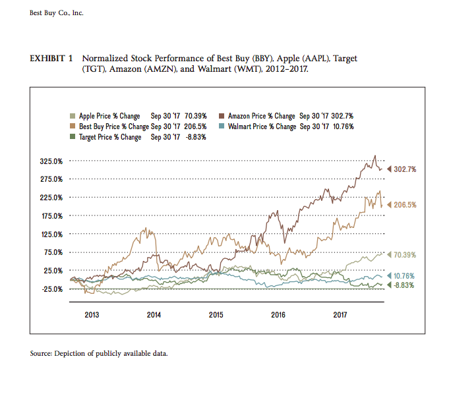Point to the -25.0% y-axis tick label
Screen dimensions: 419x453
pyautogui.click(x=53, y=289)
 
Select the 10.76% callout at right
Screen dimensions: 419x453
pyautogui.click(x=406, y=275)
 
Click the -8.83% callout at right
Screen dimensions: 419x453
pyautogui.click(x=406, y=285)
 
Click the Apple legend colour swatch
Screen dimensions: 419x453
pyautogui.click(x=73, y=116)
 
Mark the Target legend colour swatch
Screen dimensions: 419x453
pyautogui.click(x=73, y=137)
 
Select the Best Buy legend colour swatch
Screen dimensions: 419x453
pyautogui.click(x=73, y=126)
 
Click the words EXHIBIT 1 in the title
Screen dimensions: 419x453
pyautogui.click(x=51, y=59)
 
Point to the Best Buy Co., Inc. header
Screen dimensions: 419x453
pyautogui.click(x=57, y=14)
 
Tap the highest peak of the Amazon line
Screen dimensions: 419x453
pyautogui.click(x=375, y=156)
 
